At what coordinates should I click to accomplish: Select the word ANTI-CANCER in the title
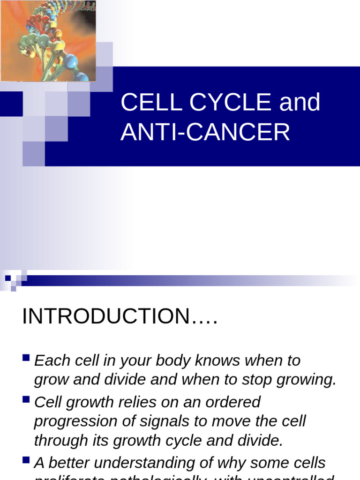coord(205,132)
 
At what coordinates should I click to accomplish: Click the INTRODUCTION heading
coord(120,316)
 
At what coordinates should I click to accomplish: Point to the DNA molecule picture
coord(48,41)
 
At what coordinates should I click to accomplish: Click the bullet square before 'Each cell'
coord(26,360)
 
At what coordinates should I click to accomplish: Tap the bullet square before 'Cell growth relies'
coord(26,401)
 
